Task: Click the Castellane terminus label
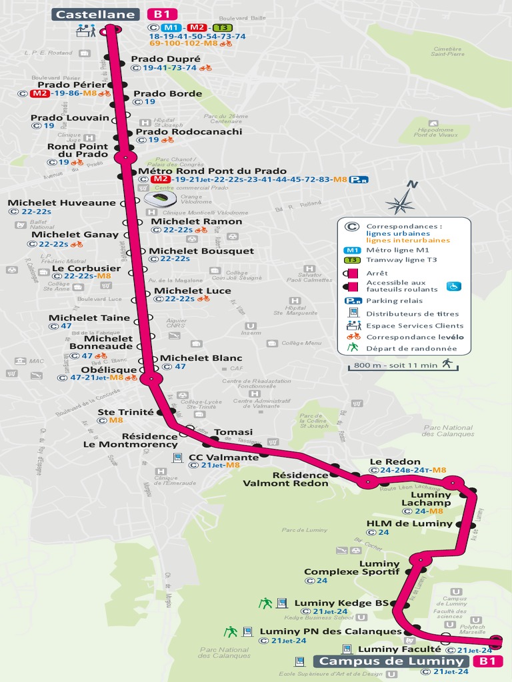(97, 14)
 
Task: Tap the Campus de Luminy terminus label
(391, 661)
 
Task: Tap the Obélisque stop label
(109, 370)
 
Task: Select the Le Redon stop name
(395, 462)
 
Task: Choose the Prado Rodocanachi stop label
(189, 131)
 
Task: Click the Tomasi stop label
(233, 432)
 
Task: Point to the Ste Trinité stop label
(125, 412)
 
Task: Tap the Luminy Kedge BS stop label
(341, 603)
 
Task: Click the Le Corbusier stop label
(87, 268)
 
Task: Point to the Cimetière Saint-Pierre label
(447, 52)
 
